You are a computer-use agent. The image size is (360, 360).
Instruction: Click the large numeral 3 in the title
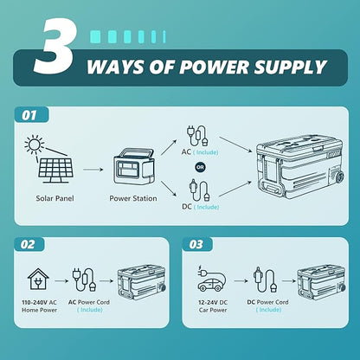55,47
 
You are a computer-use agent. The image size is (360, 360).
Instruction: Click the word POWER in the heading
214,67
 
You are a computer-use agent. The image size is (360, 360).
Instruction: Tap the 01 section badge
29,115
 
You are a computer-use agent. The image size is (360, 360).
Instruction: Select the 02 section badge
28,244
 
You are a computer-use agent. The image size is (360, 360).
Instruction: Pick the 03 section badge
196,244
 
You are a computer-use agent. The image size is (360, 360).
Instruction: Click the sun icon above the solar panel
34,144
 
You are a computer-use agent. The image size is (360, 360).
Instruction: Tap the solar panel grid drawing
55,170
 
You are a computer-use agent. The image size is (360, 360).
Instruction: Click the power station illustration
134,167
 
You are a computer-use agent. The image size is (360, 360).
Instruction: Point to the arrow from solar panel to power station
93,170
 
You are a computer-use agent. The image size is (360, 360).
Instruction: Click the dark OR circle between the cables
200,167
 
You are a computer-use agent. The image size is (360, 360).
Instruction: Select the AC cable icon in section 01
197,136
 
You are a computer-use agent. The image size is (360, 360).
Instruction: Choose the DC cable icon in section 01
199,190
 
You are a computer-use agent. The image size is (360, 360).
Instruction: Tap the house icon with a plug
38,280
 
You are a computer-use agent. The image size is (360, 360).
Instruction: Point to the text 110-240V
35,302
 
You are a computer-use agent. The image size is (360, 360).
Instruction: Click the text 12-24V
209,302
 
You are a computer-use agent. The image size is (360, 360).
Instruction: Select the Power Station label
133,198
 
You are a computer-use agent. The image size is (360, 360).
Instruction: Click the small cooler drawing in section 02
142,282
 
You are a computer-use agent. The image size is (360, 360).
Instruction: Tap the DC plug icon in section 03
265,279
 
